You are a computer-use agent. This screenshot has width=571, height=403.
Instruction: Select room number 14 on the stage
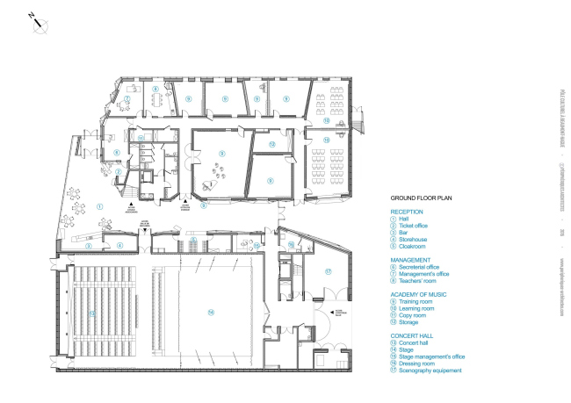(x=211, y=312)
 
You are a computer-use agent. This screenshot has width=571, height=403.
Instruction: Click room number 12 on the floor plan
(x=272, y=143)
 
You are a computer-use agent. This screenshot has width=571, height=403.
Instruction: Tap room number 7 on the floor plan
(x=127, y=99)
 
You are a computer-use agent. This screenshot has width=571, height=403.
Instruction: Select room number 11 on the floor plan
(x=141, y=139)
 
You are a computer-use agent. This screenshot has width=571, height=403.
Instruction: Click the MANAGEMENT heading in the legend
(x=411, y=260)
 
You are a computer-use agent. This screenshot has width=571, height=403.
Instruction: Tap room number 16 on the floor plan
(x=291, y=245)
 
